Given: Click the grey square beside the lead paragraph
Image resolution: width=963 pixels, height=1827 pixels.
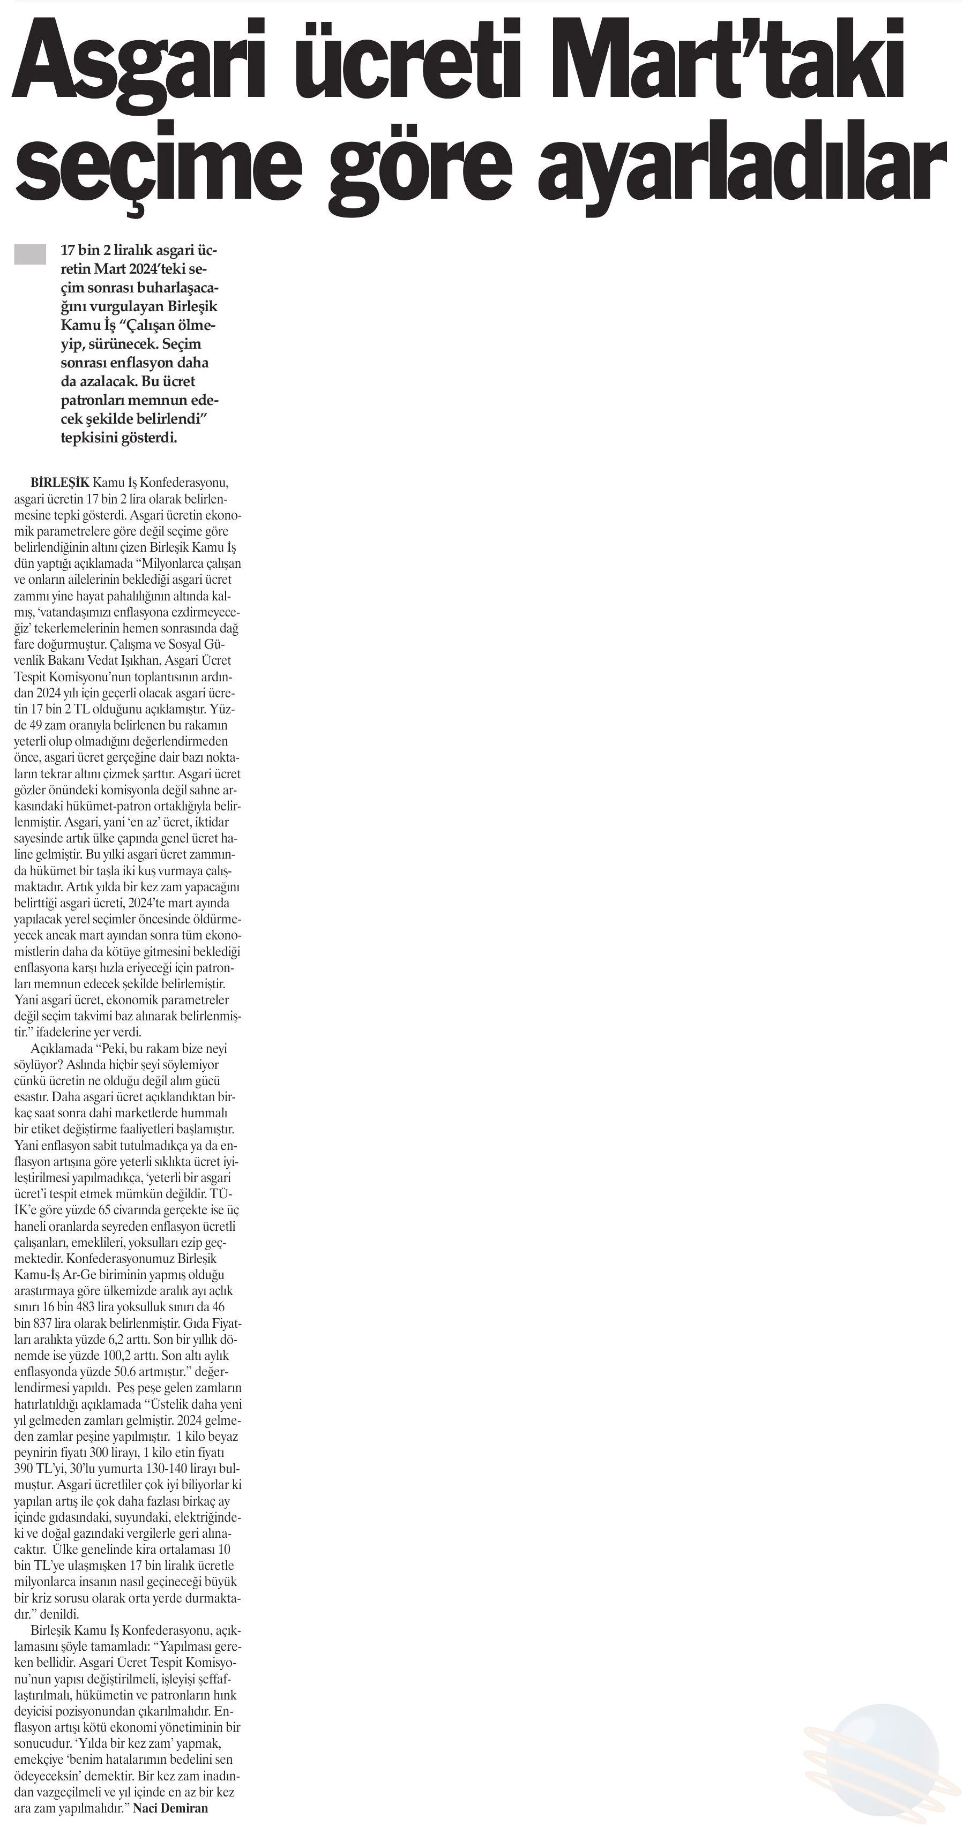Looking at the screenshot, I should click(30, 254).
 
